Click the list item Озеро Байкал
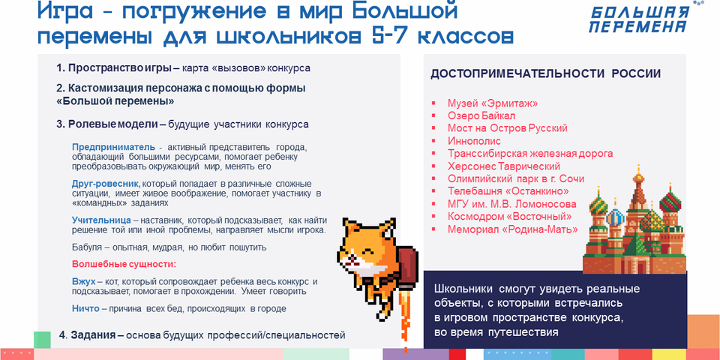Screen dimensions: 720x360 click(x=481, y=115)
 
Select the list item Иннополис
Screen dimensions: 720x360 click(x=474, y=140)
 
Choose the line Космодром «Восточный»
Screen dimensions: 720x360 click(x=510, y=216)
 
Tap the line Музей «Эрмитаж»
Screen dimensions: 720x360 click(x=493, y=103)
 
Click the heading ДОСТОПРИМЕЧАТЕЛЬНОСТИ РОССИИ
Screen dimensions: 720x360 click(x=545, y=74)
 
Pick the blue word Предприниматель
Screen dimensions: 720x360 click(x=113, y=148)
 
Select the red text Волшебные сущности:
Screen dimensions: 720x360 click(x=124, y=265)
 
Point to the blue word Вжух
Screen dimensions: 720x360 click(x=83, y=281)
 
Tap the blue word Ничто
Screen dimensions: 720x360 click(x=85, y=308)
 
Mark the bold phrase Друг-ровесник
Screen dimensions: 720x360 click(x=106, y=184)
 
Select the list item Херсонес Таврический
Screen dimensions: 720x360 click(x=504, y=166)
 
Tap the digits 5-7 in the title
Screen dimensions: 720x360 click(x=389, y=37)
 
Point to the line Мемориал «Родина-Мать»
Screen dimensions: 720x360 click(x=512, y=229)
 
